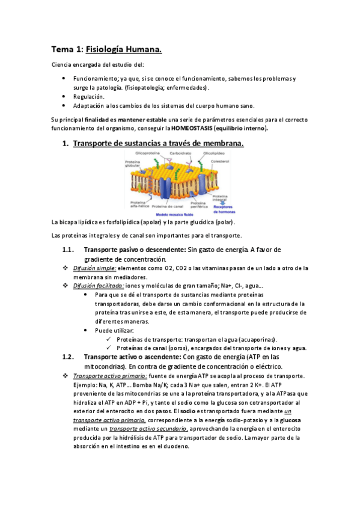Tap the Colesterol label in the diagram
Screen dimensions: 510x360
(x=221, y=161)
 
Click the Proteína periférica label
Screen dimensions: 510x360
(x=200, y=204)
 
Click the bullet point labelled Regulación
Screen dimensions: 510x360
(x=88, y=96)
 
